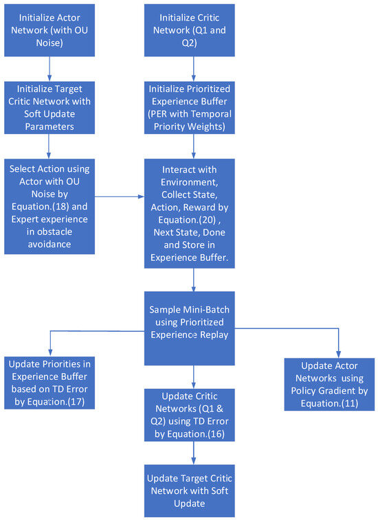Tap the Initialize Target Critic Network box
[x=49, y=106]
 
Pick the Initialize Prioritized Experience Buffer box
[x=193, y=106]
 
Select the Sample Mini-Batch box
[x=193, y=328]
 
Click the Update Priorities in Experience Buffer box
[x=49, y=383]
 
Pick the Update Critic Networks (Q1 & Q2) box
[x=193, y=415]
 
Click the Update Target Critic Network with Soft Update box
[x=193, y=489]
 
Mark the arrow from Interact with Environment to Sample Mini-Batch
[x=193, y=278]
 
